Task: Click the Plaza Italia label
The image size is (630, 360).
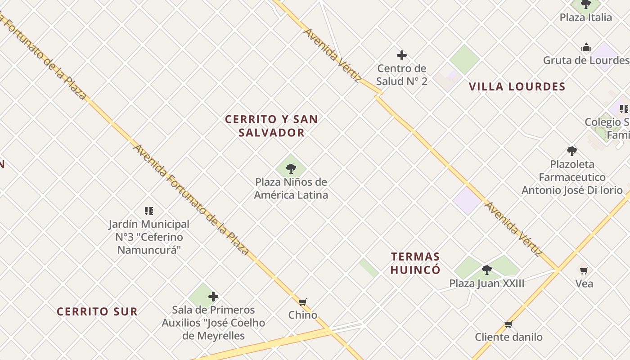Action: point(585,18)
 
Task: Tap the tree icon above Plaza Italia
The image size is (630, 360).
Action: point(586,4)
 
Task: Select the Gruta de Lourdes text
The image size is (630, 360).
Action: point(586,60)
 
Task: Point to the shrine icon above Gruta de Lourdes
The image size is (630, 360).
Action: point(586,47)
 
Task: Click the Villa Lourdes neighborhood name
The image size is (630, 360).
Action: point(517,87)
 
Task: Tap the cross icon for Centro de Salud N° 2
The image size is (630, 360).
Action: point(402,55)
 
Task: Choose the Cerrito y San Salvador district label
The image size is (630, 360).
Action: point(271,126)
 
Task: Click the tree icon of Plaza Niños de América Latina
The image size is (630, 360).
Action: point(291,169)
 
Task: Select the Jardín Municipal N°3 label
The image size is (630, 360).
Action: point(149,237)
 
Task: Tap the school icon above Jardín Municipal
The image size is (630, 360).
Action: point(149,211)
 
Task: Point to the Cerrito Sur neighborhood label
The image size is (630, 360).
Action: point(97,311)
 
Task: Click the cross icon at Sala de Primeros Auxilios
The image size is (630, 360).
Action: point(213,297)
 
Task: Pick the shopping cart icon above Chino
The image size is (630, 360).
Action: point(303,301)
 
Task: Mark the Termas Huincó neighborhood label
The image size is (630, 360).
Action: point(415,263)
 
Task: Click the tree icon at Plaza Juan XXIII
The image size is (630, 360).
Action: point(486,270)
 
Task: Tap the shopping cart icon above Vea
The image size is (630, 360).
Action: point(584,270)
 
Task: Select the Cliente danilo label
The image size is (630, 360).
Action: point(508,337)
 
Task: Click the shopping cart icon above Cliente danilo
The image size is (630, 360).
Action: point(508,324)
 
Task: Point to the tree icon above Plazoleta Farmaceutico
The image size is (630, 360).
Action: point(571,151)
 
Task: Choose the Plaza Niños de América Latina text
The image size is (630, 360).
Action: point(291,189)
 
